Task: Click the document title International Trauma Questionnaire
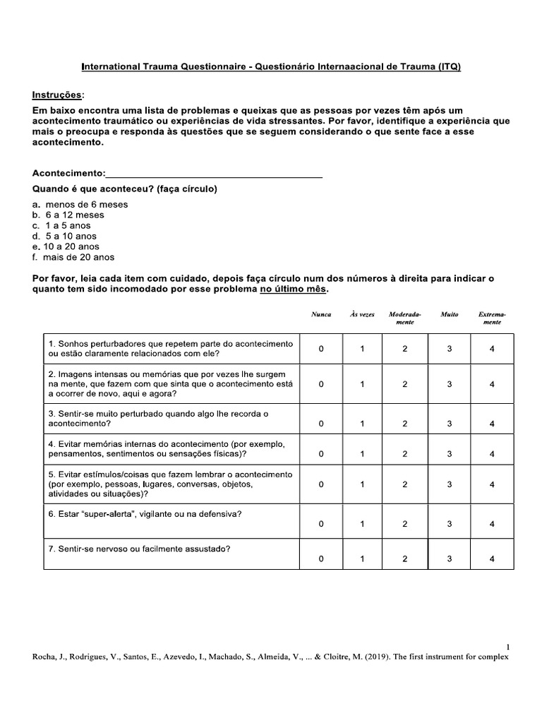[x=271, y=67]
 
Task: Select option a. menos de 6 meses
[x=80, y=204]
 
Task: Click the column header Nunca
[x=321, y=313]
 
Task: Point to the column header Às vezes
[x=362, y=313]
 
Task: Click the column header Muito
[x=449, y=313]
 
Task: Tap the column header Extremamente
[x=492, y=317]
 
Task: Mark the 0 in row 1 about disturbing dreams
[x=321, y=348]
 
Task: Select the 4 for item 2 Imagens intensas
[x=492, y=384]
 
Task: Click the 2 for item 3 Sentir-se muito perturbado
[x=405, y=424]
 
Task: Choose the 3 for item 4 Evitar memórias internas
[x=450, y=454]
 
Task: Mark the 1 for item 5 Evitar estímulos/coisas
[x=362, y=485]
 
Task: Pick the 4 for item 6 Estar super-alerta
[x=492, y=524]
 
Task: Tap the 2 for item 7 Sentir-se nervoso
[x=405, y=558]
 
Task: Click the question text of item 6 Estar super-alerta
[x=145, y=514]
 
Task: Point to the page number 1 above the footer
[x=508, y=646]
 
